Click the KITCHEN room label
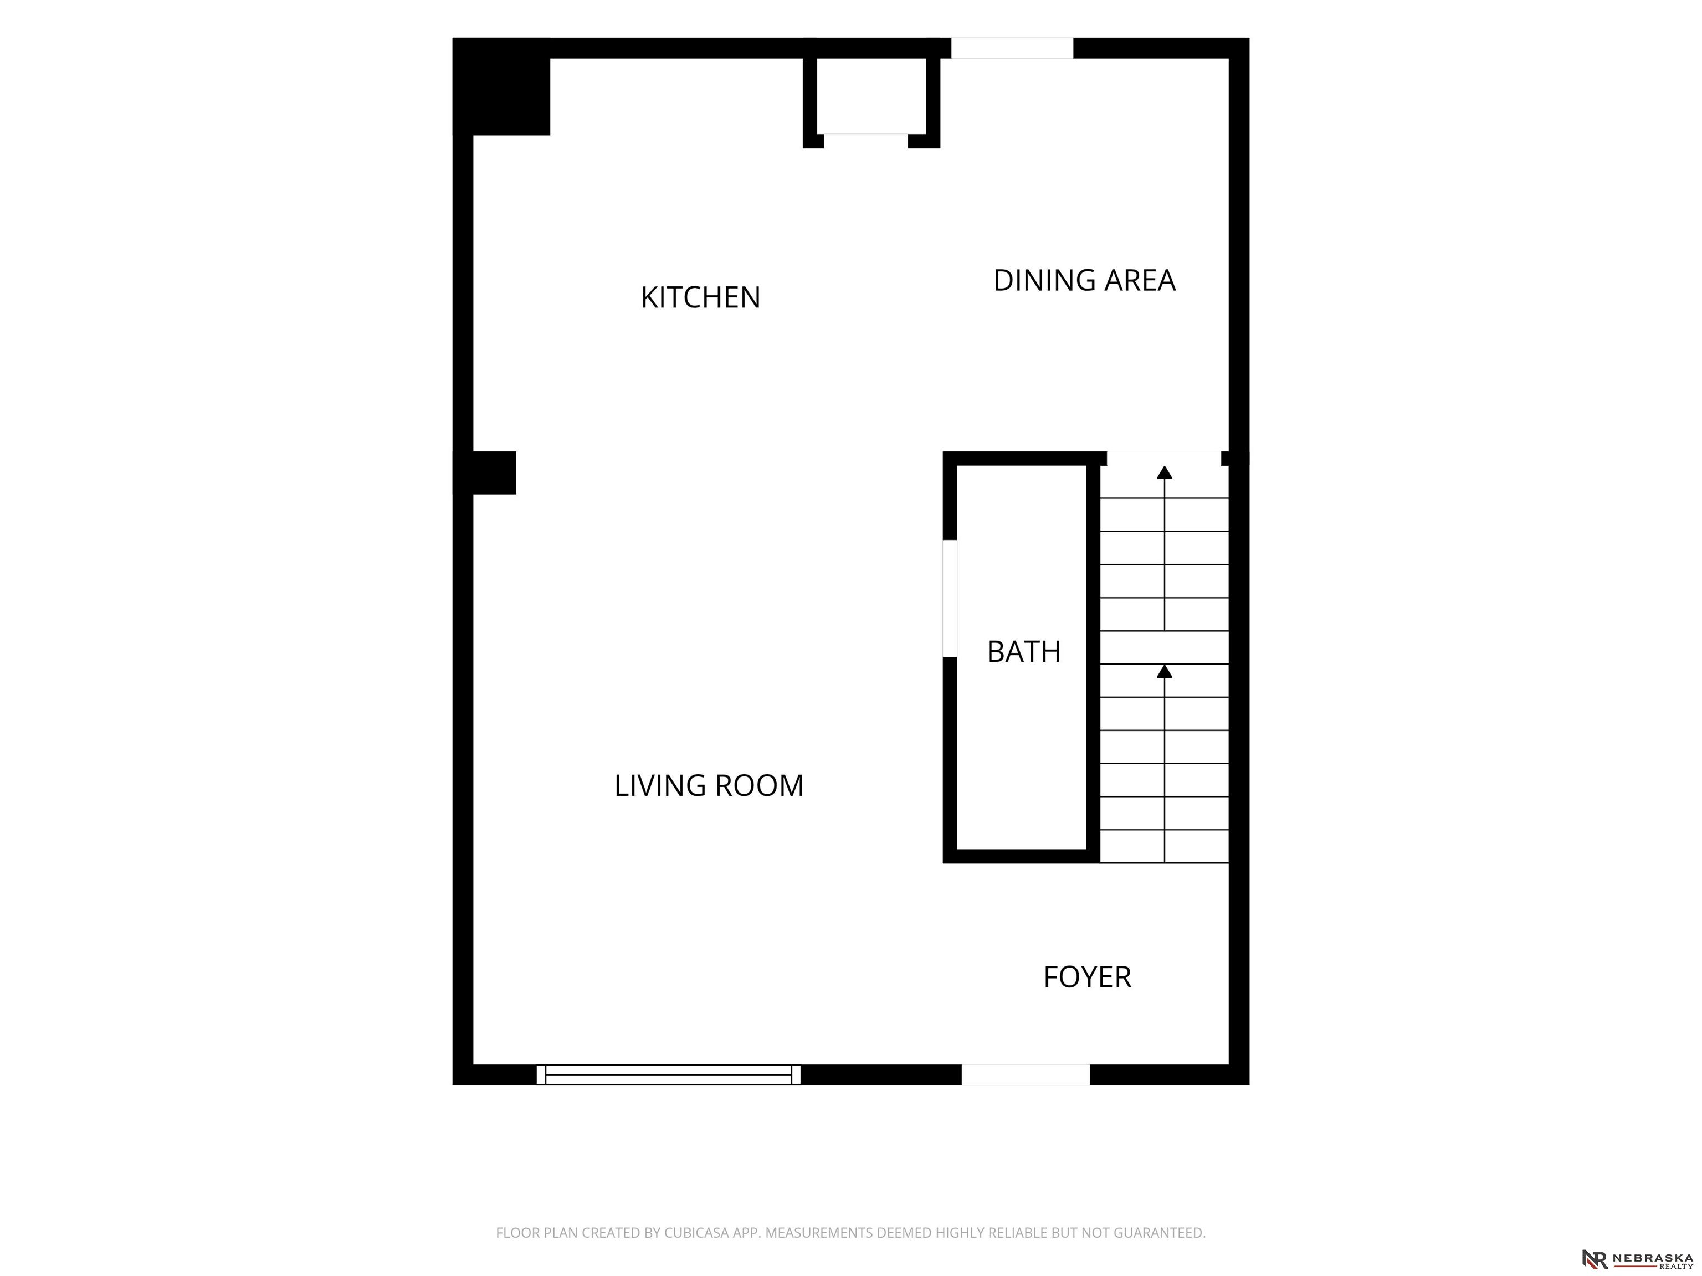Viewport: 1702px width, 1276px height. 700,297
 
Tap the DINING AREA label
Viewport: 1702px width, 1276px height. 1084,281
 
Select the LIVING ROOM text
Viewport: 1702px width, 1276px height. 709,785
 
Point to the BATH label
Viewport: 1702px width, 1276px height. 1023,651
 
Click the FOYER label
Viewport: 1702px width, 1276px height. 1086,977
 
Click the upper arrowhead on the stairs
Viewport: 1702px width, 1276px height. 1164,472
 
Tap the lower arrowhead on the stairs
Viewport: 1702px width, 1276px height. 1164,671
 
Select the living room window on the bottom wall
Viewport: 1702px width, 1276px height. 668,1074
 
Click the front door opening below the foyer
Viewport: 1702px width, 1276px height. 1025,1074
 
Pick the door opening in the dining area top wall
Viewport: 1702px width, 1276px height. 1012,48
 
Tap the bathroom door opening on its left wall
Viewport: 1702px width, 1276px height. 950,598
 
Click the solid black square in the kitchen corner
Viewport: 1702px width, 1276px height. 501,86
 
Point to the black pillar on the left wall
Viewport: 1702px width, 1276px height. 485,472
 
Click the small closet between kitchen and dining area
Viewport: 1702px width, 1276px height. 871,95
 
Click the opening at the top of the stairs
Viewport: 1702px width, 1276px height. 1163,459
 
